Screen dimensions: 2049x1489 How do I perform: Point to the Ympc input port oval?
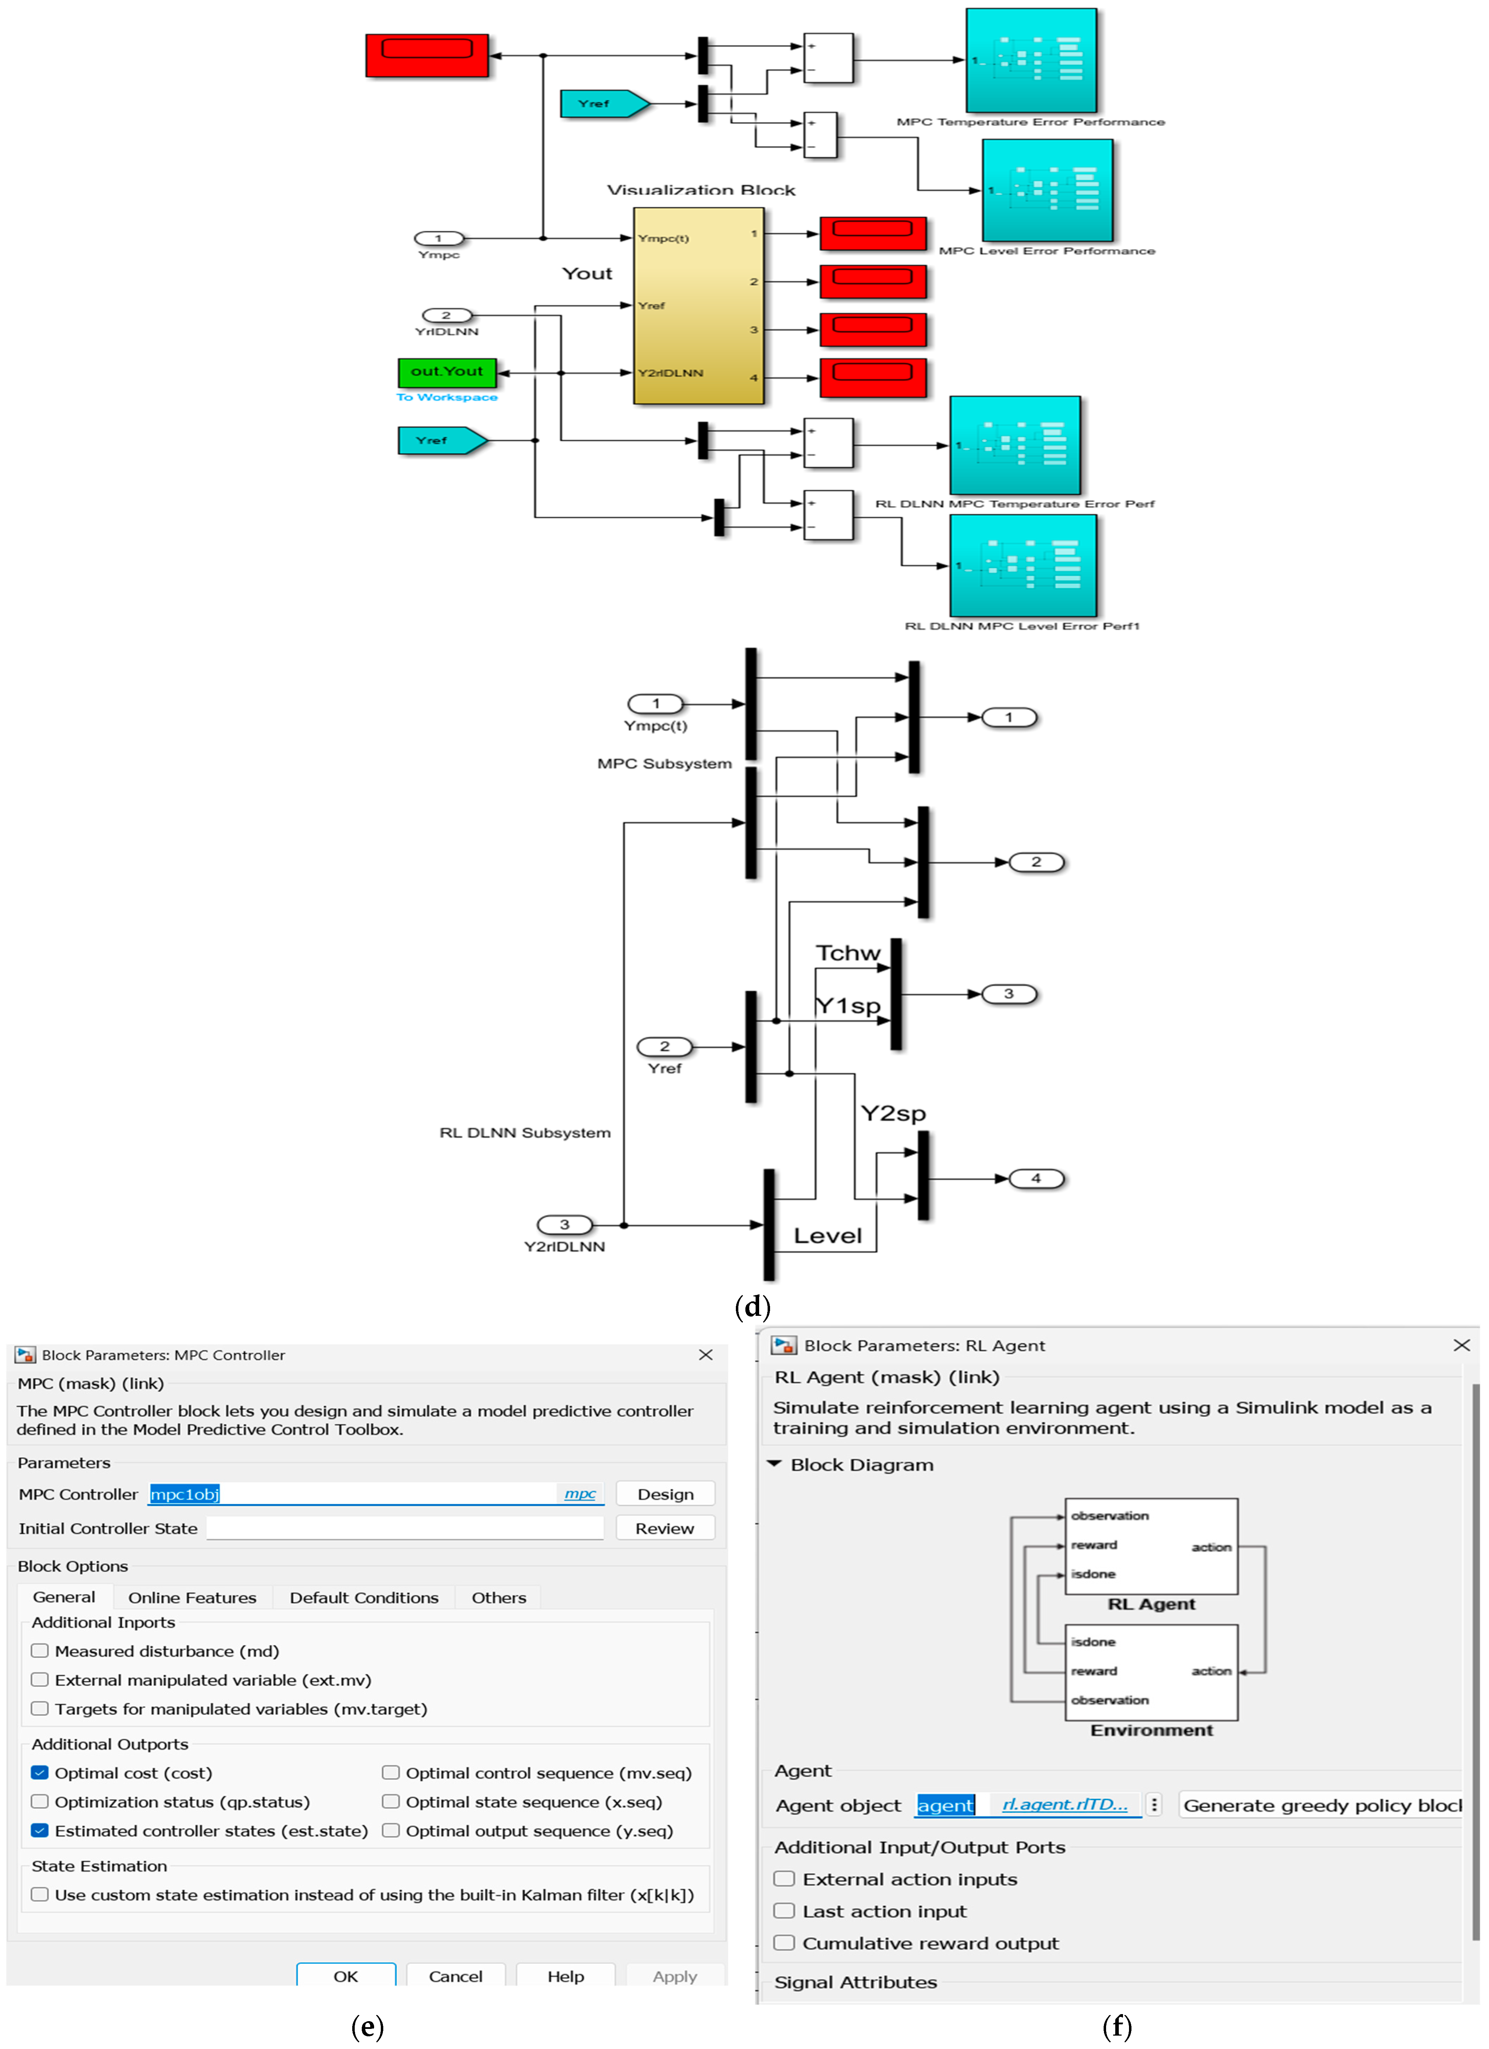[x=439, y=239]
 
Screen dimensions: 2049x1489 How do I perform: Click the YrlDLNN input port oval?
[x=446, y=315]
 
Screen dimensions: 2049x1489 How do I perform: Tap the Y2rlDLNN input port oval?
[x=565, y=1225]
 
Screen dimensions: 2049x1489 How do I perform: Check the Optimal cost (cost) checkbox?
[x=40, y=1773]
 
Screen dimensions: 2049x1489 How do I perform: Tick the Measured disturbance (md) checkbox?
[x=40, y=1651]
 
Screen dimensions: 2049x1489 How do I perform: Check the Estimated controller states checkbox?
[x=40, y=1830]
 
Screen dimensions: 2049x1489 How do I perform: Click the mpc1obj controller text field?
[x=352, y=1494]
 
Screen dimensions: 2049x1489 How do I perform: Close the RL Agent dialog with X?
[x=1461, y=1345]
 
